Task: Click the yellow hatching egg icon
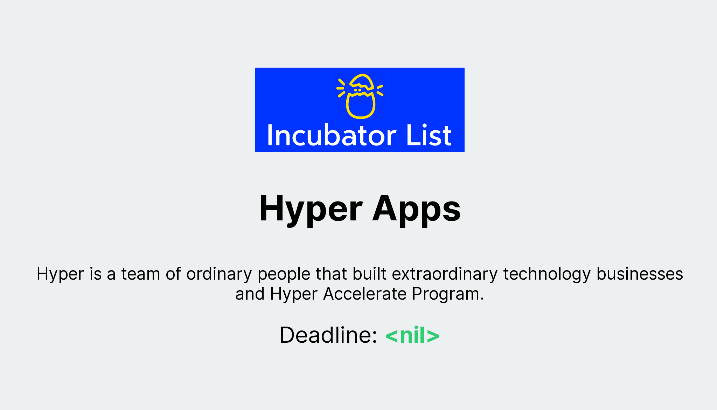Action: [x=360, y=96]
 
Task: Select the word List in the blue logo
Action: [x=429, y=136]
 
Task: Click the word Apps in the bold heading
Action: [x=416, y=209]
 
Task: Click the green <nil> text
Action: [x=412, y=335]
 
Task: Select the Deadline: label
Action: [x=328, y=335]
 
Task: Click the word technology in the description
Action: [x=547, y=274]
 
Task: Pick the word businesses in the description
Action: [x=640, y=274]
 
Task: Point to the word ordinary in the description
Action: [x=219, y=274]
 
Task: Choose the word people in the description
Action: [x=284, y=274]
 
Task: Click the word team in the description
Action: [x=140, y=274]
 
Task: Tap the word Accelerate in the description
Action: [x=364, y=294]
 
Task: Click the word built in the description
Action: [x=369, y=274]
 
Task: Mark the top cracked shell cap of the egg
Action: [x=362, y=81]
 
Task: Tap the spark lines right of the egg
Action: [x=380, y=90]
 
